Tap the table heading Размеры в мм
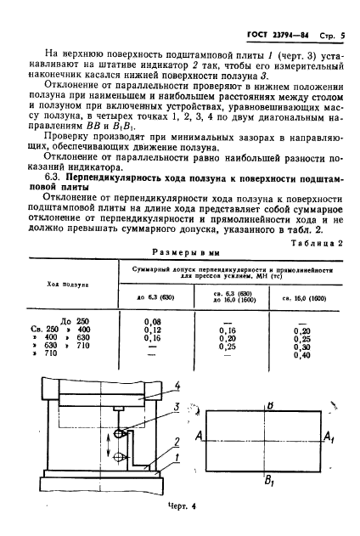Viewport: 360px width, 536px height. coord(180,252)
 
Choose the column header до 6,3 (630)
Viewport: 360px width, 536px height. coord(153,296)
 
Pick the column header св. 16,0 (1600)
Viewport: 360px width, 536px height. coord(301,296)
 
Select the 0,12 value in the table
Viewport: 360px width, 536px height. coord(153,330)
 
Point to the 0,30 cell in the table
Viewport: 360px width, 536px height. coord(301,347)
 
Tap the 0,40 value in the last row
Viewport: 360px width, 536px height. coord(301,355)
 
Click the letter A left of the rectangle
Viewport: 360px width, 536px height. coord(197,435)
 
